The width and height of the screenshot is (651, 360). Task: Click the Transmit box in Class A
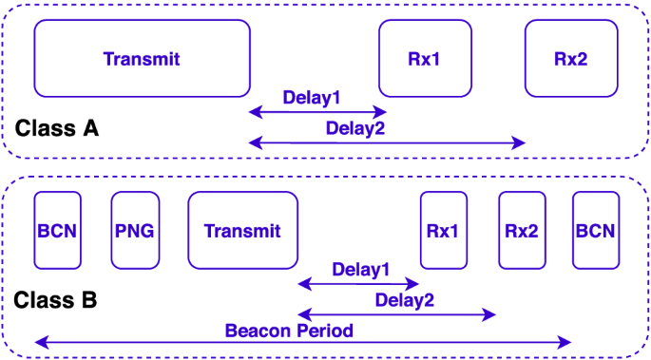point(142,59)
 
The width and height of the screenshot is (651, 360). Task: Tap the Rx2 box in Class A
point(570,59)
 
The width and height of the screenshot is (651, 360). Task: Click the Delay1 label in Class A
point(312,97)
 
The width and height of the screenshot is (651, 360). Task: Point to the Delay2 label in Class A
point(354,128)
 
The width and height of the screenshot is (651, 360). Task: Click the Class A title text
point(56,128)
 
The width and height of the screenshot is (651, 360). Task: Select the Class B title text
point(55,301)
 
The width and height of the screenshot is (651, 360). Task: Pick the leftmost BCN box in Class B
point(58,231)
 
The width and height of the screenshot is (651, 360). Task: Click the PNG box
point(135,231)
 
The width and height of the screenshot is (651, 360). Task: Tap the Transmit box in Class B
point(242,231)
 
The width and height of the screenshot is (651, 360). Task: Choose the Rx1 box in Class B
point(442,231)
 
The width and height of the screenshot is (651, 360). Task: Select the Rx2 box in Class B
point(522,231)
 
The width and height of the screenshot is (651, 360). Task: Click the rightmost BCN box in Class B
point(595,231)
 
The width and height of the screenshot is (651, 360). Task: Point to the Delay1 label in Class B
point(361,269)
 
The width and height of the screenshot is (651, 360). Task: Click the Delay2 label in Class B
point(404,300)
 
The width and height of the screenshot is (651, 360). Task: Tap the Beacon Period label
point(289,331)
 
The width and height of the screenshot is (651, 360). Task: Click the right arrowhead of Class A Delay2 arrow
point(521,142)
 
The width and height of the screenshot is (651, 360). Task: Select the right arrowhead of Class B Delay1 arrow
point(413,283)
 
